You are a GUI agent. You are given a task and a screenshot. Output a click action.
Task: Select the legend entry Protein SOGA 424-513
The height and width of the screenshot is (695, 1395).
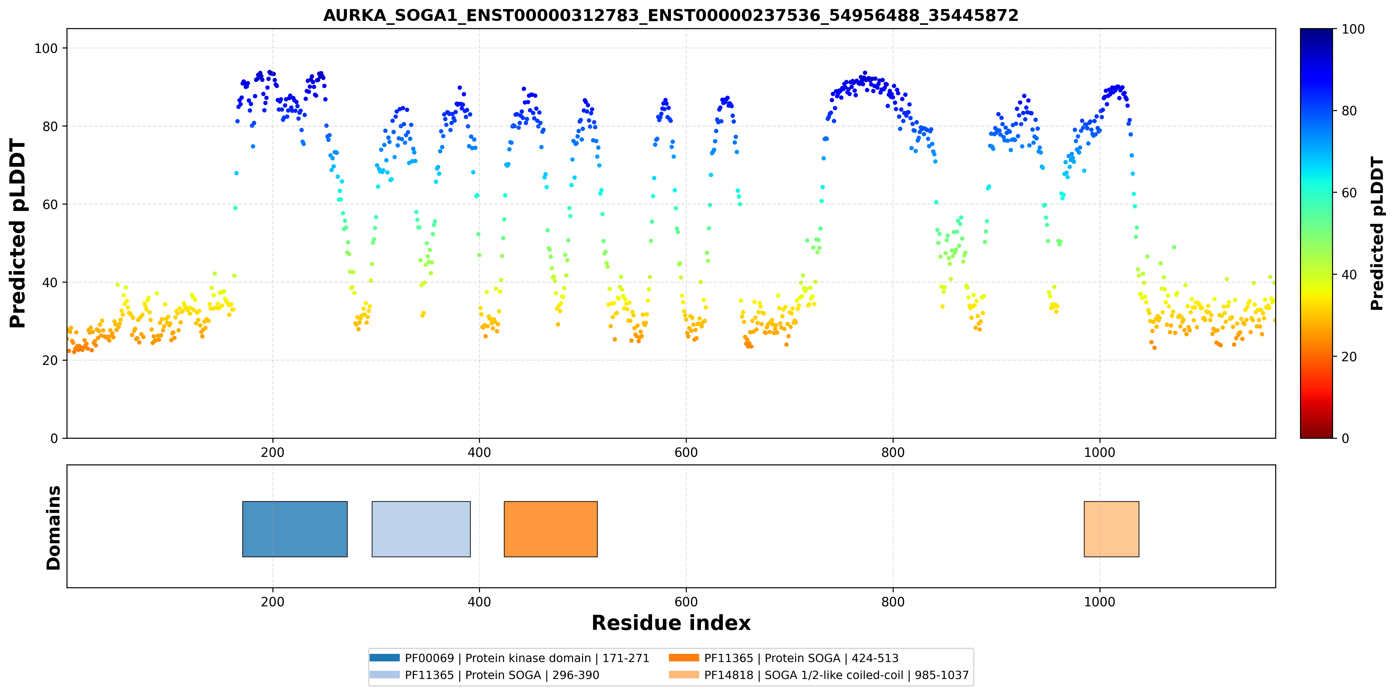point(784,658)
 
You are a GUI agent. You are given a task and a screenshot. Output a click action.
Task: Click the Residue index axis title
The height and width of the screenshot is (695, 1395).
point(671,623)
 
